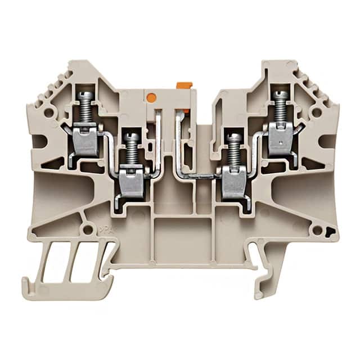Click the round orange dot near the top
pos(151,97)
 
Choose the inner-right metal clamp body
pos(233,185)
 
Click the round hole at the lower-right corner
pos(318,231)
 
